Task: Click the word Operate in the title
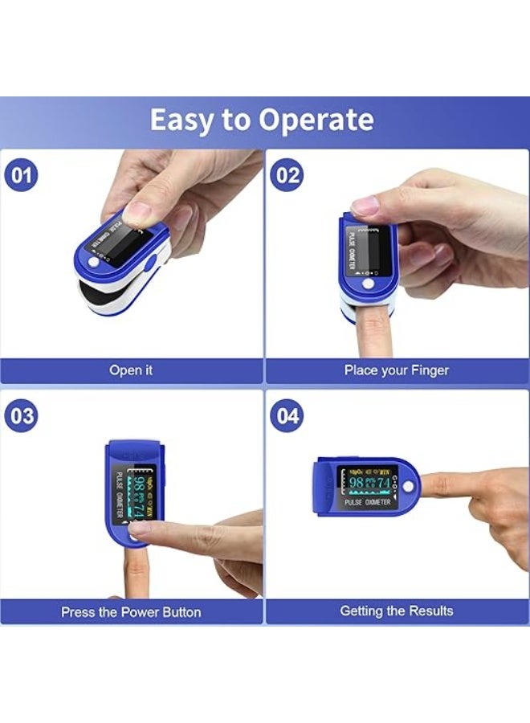316,120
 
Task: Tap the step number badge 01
22,174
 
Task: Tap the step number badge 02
286,174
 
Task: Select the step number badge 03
22,415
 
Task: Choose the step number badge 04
286,417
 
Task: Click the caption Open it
131,370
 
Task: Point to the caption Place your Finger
397,370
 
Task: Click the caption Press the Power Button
131,611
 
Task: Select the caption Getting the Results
397,611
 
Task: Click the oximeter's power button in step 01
95,262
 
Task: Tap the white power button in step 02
369,284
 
